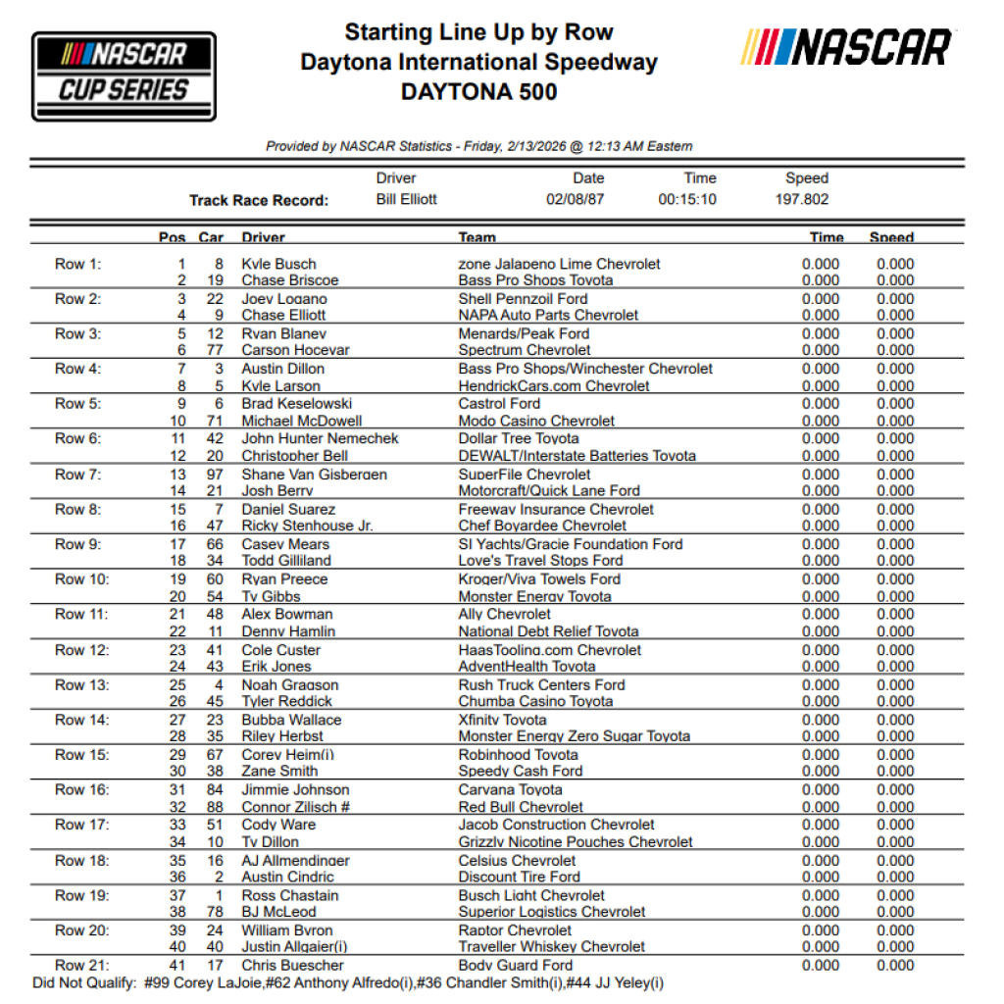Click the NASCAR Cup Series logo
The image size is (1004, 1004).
[124, 76]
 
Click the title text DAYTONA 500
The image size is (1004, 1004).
[479, 92]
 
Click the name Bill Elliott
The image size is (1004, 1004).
[406, 199]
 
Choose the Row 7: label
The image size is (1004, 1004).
[77, 475]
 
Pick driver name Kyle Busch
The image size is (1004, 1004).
[277, 264]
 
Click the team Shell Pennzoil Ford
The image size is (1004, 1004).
[523, 299]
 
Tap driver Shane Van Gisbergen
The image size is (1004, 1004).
[314, 475]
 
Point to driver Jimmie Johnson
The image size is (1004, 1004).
[295, 789]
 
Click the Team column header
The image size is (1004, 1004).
[477, 237]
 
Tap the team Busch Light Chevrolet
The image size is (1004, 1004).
[531, 895]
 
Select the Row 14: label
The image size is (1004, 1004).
[81, 720]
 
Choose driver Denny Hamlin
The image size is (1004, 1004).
[288, 631]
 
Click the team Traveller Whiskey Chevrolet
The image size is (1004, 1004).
[551, 947]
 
